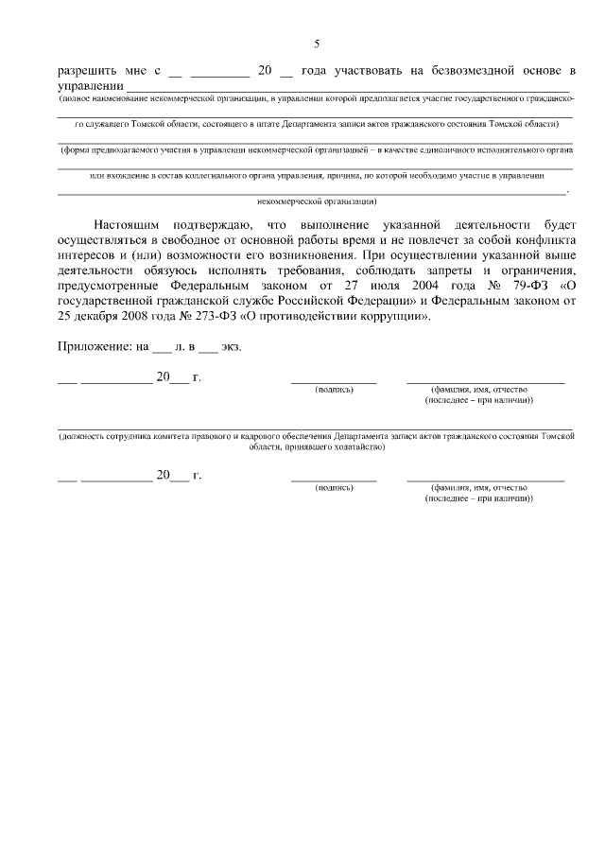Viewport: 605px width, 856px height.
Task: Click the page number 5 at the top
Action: pos(317,44)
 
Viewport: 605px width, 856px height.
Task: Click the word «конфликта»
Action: pos(544,240)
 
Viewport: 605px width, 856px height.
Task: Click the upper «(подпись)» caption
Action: pos(334,389)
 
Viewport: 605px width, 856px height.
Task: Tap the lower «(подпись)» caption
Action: pos(334,487)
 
